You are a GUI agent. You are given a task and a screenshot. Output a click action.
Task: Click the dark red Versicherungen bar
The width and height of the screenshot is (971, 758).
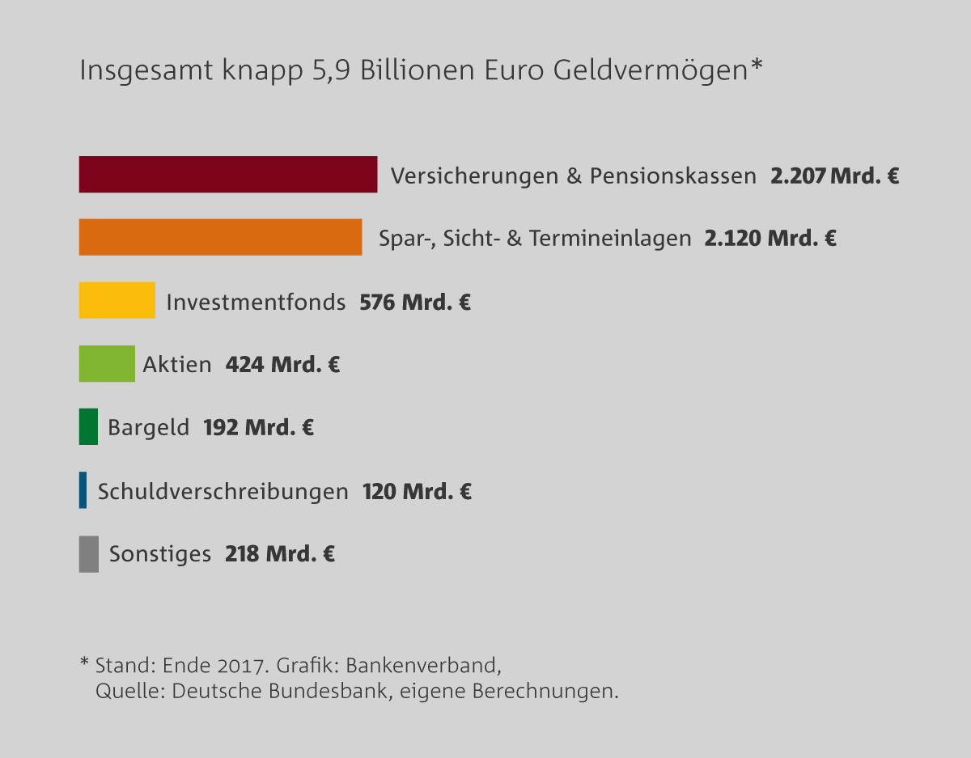[x=227, y=174]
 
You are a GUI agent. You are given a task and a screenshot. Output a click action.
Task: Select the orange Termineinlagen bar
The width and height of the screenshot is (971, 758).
[x=220, y=237]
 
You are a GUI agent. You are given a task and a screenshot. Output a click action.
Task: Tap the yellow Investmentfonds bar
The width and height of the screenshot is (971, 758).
[x=117, y=300]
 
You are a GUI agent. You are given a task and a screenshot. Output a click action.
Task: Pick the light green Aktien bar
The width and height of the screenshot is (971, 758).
[x=107, y=363]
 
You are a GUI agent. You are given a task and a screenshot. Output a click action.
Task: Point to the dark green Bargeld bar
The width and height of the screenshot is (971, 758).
[x=88, y=426]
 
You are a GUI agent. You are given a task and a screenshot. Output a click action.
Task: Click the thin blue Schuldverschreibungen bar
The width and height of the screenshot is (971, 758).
[x=83, y=490]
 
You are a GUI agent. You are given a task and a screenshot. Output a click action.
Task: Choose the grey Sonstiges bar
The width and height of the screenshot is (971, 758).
[x=88, y=554]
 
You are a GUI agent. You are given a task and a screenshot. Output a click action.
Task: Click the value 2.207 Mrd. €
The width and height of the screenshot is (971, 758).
[x=834, y=176]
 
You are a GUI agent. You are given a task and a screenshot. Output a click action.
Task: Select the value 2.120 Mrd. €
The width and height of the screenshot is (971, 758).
[x=770, y=239]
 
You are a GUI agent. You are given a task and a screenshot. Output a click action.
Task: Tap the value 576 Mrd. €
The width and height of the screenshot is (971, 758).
[x=415, y=303]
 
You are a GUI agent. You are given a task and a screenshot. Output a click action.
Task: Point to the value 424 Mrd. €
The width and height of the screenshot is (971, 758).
[x=282, y=365]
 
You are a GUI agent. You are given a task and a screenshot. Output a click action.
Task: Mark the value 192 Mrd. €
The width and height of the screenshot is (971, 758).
[x=258, y=427]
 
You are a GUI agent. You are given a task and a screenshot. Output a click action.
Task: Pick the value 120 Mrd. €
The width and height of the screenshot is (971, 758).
[x=417, y=491]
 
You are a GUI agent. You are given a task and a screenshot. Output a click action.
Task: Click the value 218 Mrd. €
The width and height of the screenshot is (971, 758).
[x=280, y=554]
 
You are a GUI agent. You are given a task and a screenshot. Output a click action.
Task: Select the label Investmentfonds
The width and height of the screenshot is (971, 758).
[x=256, y=303]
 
